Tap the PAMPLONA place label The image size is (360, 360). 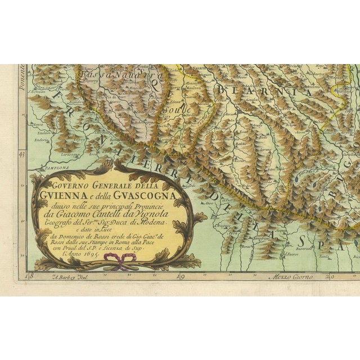55,168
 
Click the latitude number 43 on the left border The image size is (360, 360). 22,153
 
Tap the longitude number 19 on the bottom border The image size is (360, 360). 180,276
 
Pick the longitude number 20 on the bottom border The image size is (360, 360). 331,276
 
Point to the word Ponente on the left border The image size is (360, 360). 22,73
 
